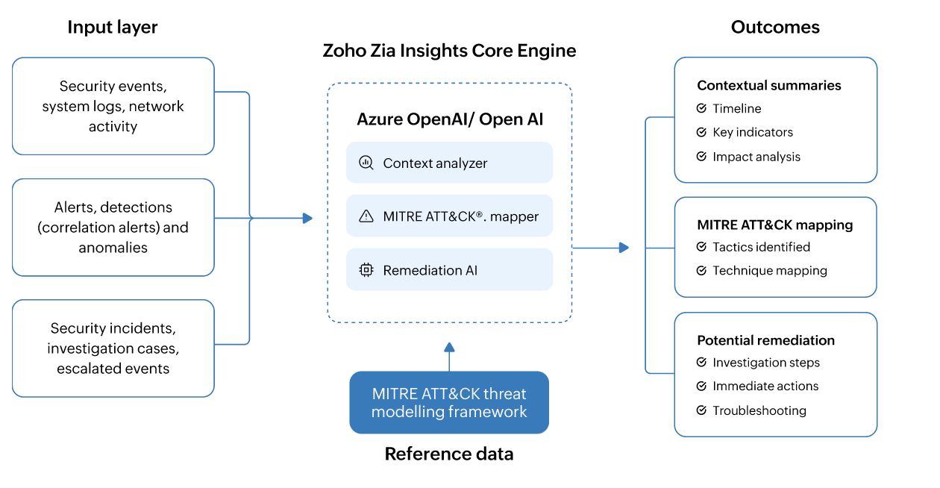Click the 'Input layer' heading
click(113, 28)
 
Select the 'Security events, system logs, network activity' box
click(113, 106)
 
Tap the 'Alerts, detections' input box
click(113, 227)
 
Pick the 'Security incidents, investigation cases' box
click(113, 348)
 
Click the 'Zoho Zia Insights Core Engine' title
click(449, 51)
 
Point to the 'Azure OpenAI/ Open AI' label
click(450, 119)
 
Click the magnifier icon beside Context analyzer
click(366, 163)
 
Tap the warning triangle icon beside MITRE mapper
click(366, 216)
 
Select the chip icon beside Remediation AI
click(366, 270)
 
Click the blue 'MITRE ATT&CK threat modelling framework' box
click(449, 402)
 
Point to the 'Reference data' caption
click(449, 454)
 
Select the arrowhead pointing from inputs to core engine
click(307, 218)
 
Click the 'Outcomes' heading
click(775, 28)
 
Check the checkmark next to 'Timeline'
click(701, 109)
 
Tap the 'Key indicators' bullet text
click(753, 132)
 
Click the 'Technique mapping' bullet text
click(770, 271)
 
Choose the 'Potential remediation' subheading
click(765, 340)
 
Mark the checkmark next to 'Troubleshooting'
click(701, 410)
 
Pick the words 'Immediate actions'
click(765, 386)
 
